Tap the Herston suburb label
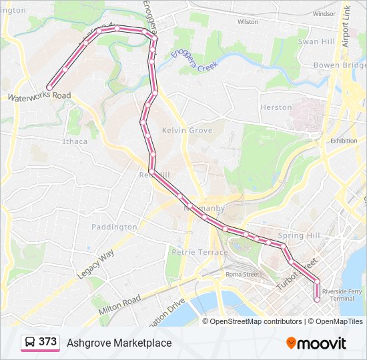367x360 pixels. (x=276, y=107)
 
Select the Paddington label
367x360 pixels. (x=113, y=227)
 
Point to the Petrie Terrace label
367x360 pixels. (x=192, y=253)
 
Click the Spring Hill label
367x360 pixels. (x=300, y=235)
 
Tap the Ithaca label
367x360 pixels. (x=75, y=141)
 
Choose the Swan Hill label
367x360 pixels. (x=316, y=41)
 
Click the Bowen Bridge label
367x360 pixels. (x=340, y=65)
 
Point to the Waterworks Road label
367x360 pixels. (x=39, y=96)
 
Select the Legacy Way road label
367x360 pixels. (x=95, y=265)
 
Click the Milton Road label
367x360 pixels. (x=119, y=307)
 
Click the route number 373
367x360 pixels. (x=47, y=342)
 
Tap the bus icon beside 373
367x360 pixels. (x=30, y=343)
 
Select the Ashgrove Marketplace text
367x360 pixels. (x=119, y=343)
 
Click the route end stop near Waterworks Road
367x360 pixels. (x=49, y=87)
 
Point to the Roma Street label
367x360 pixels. (x=242, y=274)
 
